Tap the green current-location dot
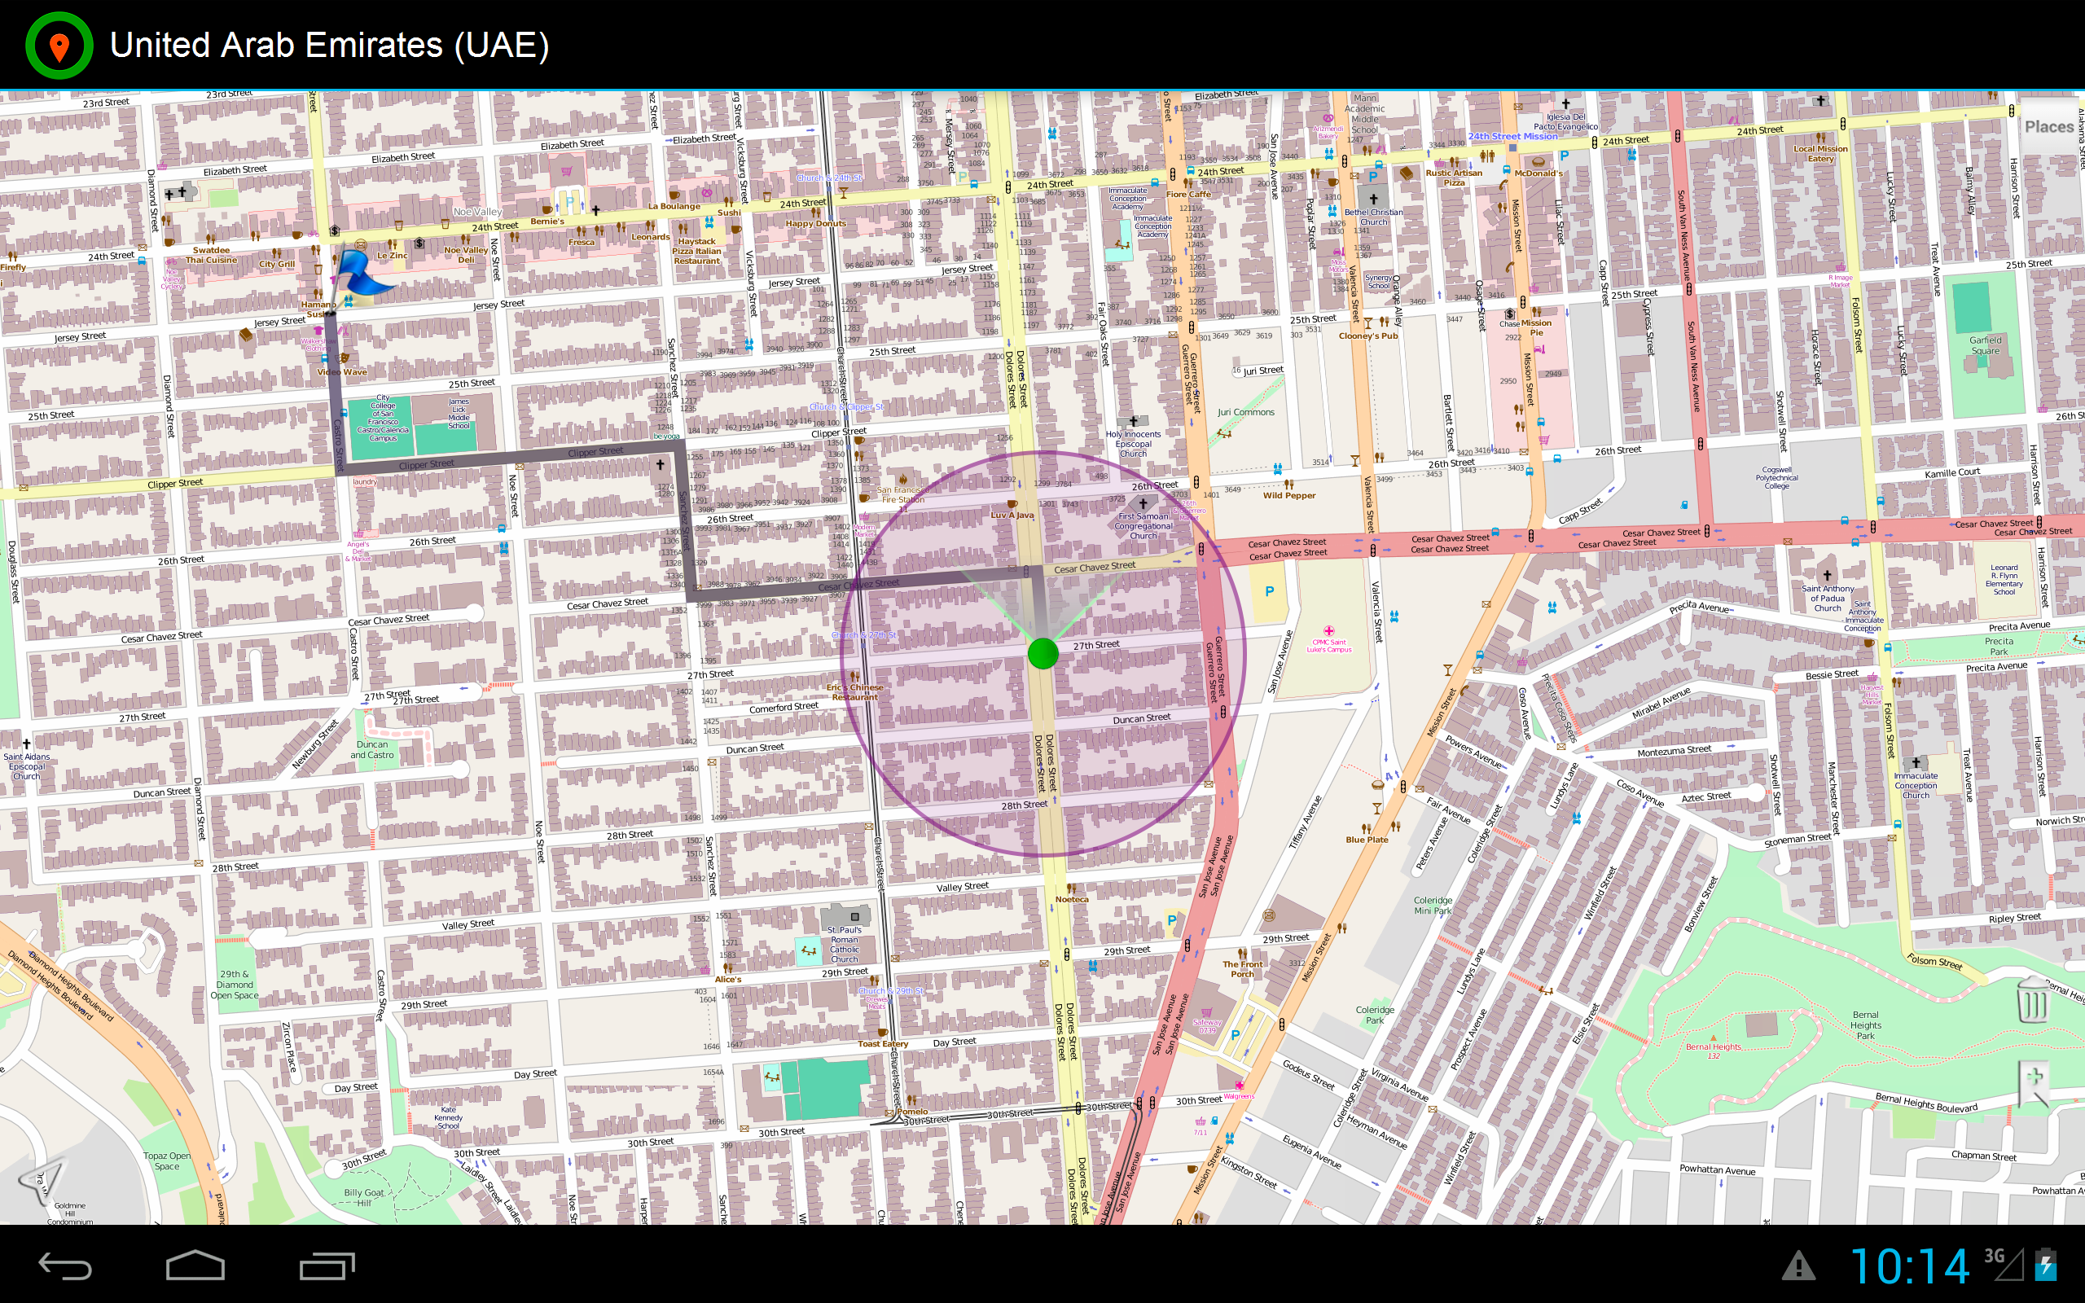pyautogui.click(x=1042, y=653)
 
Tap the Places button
pyautogui.click(x=2049, y=127)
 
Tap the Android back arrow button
pyautogui.click(x=65, y=1266)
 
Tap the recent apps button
pyautogui.click(x=327, y=1266)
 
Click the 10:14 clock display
pyautogui.click(x=1909, y=1266)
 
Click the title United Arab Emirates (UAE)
pyautogui.click(x=329, y=45)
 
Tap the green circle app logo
pyautogui.click(x=59, y=45)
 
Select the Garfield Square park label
pyautogui.click(x=1985, y=345)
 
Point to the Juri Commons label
pyautogui.click(x=1245, y=413)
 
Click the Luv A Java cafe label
pyautogui.click(x=1012, y=515)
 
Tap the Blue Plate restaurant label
pyautogui.click(x=1367, y=840)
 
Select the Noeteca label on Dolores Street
pyautogui.click(x=1072, y=899)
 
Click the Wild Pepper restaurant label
pyautogui.click(x=1289, y=495)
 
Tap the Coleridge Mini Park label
pyautogui.click(x=1432, y=905)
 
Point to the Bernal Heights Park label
pyautogui.click(x=1865, y=1024)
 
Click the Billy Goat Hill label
pyautogui.click(x=364, y=1197)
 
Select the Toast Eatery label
pyautogui.click(x=882, y=1043)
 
